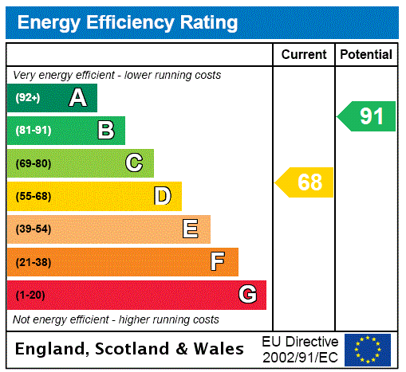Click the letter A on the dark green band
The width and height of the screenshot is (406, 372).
coord(77,98)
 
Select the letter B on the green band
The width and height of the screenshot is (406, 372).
coord(105,130)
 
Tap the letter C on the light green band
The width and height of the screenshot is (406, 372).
coord(134,163)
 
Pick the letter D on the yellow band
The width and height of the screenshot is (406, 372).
coord(162,196)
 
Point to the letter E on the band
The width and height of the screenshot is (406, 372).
coord(190,229)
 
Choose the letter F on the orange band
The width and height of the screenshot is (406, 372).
coord(218,261)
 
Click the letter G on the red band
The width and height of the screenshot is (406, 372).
coord(247,295)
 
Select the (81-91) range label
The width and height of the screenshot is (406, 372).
coord(33,131)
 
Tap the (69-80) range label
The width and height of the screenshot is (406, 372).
coord(33,163)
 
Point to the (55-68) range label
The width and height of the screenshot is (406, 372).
coord(33,196)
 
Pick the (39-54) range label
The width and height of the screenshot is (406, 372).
coord(33,229)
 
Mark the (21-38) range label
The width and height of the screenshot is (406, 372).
coord(33,262)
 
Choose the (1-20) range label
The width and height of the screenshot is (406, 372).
coord(30,295)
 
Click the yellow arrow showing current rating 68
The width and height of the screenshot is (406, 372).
coord(305,182)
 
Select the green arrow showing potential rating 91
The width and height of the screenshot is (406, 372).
coord(367,116)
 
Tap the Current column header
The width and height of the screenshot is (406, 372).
coord(304,55)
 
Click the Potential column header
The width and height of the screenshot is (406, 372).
coord(366,55)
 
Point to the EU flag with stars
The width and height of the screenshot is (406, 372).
coord(368,349)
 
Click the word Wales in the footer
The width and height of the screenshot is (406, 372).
coord(219,349)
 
